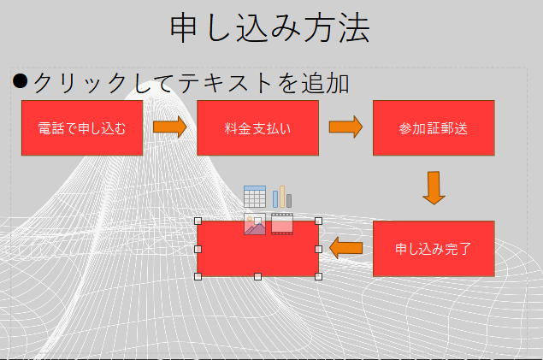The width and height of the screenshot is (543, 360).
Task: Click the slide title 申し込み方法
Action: [x=269, y=28]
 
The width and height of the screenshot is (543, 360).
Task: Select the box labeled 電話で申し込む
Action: [x=82, y=128]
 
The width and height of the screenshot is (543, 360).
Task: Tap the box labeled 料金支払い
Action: [x=257, y=128]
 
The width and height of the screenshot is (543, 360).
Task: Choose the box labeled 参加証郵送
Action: [x=434, y=128]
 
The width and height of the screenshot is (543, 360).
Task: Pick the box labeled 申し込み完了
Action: [x=434, y=249]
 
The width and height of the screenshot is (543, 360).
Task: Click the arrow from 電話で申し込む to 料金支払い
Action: [x=169, y=127]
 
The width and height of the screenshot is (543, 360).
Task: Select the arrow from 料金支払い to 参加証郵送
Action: [x=345, y=127]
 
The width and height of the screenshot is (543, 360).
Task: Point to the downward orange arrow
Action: [x=434, y=188]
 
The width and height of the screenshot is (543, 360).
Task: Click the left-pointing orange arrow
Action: [x=345, y=248]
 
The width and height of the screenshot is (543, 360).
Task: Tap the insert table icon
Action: [x=255, y=197]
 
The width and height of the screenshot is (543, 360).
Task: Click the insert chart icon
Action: [x=282, y=197]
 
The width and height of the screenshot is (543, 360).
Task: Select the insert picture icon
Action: [x=255, y=224]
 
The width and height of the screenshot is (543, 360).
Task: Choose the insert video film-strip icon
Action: [x=282, y=224]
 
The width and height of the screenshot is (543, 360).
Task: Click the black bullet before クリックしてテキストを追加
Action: [x=20, y=81]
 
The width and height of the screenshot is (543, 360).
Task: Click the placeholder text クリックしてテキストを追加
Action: [x=192, y=83]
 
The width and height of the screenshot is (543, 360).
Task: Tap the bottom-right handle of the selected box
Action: [x=319, y=276]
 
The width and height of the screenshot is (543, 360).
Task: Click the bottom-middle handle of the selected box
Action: [x=257, y=276]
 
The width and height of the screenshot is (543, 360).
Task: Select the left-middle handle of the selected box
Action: [x=198, y=249]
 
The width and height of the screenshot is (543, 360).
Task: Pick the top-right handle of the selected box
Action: [x=319, y=221]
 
